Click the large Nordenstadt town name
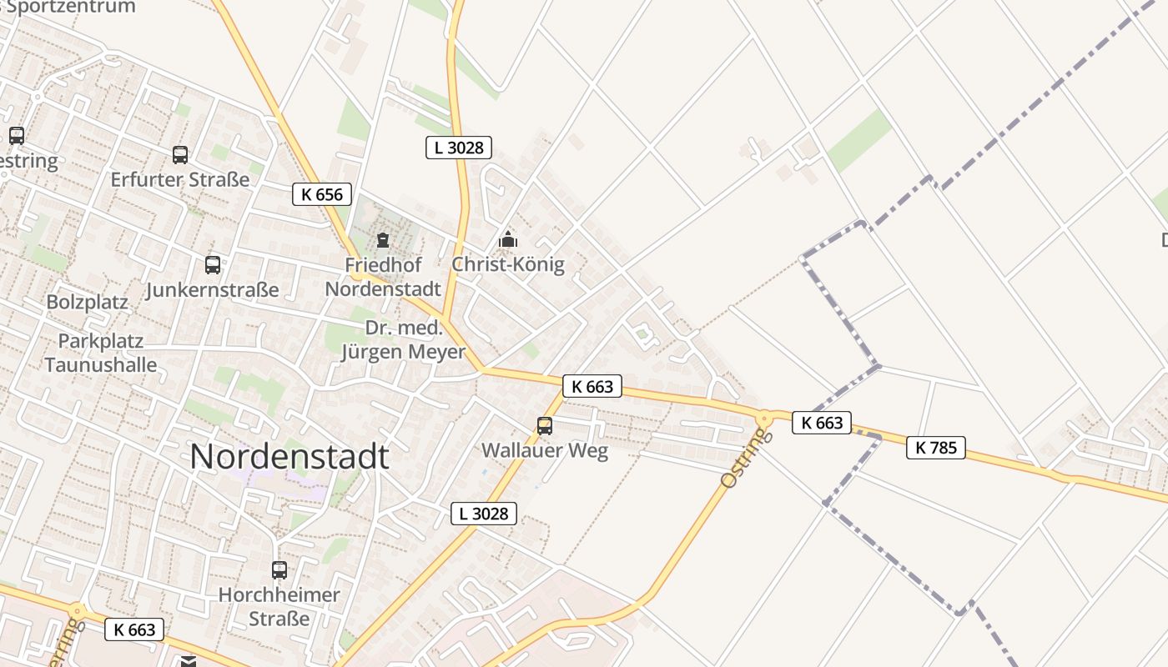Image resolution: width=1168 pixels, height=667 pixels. [289, 457]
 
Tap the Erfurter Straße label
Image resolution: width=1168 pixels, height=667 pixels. [180, 179]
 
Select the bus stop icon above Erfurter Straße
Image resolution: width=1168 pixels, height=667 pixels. [180, 154]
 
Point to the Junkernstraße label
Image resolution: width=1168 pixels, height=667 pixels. [212, 290]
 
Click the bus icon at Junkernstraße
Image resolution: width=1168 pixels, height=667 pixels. [213, 265]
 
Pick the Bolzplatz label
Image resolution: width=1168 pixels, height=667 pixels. [88, 302]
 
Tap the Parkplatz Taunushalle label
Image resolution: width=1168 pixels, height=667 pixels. [101, 353]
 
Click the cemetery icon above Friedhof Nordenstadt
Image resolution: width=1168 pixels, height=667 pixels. [383, 241]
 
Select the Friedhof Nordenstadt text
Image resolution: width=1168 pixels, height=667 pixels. [383, 277]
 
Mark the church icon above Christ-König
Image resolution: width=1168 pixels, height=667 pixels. [508, 240]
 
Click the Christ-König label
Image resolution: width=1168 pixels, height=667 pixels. [508, 264]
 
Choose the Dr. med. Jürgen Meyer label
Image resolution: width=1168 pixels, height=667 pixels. [404, 339]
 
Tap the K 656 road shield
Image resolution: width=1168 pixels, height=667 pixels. [322, 194]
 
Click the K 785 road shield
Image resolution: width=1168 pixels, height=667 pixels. [936, 448]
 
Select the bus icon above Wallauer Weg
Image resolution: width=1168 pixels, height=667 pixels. [545, 426]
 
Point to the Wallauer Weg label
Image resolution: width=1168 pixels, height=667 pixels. [545, 451]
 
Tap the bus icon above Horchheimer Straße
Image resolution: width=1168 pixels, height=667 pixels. [279, 570]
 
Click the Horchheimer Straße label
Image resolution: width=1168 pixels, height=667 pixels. [279, 607]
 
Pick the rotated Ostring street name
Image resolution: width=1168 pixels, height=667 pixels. [742, 458]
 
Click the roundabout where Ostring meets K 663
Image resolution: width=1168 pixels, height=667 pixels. [763, 419]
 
